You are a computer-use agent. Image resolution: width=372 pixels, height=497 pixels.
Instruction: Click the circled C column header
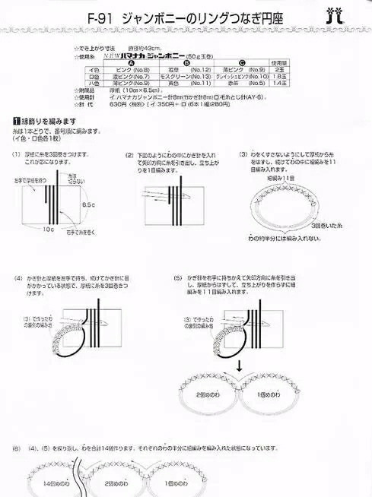tap(242, 62)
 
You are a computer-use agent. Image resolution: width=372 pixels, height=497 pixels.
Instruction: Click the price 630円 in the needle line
tap(119, 104)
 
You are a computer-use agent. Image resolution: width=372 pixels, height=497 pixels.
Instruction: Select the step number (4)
tap(17, 277)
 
